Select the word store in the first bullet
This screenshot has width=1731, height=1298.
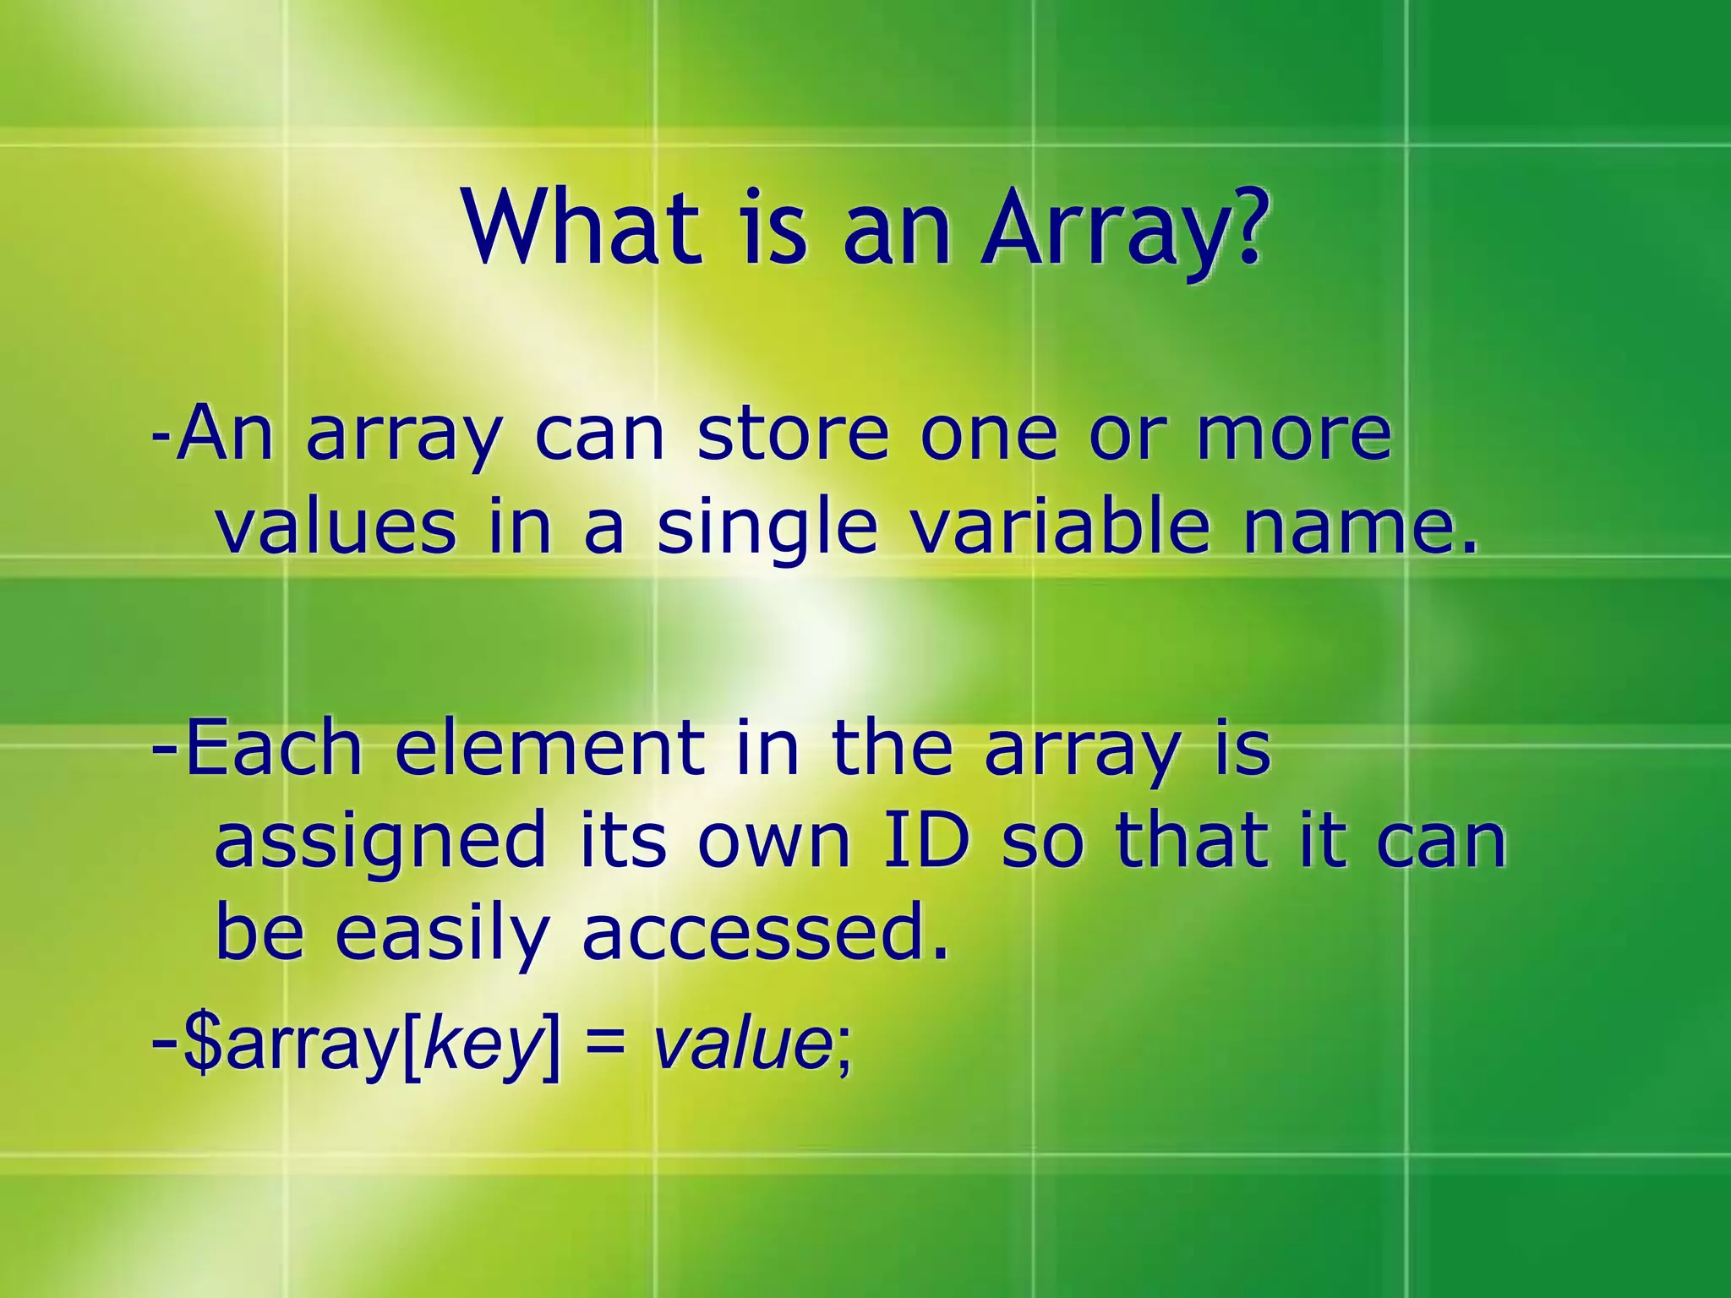(793, 434)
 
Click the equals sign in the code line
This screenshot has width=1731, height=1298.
(604, 1046)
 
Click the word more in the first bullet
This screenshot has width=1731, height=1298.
(1294, 434)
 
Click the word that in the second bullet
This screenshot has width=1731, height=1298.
(1192, 840)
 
